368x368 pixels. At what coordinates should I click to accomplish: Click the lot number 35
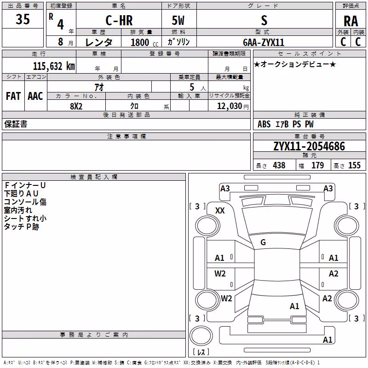23,19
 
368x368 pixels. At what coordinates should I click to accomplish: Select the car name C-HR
119,20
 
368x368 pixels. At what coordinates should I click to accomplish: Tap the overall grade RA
351,21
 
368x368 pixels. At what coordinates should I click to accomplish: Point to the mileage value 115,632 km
54,66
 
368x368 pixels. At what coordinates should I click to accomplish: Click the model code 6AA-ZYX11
264,42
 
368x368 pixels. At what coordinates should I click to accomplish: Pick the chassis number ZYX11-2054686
309,146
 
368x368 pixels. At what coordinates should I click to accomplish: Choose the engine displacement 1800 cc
144,42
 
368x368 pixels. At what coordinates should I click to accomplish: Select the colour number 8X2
76,106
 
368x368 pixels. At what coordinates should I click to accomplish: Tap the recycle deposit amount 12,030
229,106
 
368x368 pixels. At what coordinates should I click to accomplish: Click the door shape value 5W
178,20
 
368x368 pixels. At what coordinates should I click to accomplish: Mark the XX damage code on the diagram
220,211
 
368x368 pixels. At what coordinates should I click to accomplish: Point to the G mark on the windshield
263,242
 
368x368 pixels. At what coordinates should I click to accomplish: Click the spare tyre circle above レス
201,336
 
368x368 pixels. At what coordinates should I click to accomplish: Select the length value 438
279,165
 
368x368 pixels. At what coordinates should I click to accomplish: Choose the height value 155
354,165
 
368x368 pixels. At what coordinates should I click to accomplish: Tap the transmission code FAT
13,96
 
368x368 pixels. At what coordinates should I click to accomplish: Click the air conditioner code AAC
35,96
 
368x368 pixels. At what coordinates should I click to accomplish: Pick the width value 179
317,165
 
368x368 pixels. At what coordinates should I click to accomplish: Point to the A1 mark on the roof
294,306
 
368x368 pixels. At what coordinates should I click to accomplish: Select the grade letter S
264,20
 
